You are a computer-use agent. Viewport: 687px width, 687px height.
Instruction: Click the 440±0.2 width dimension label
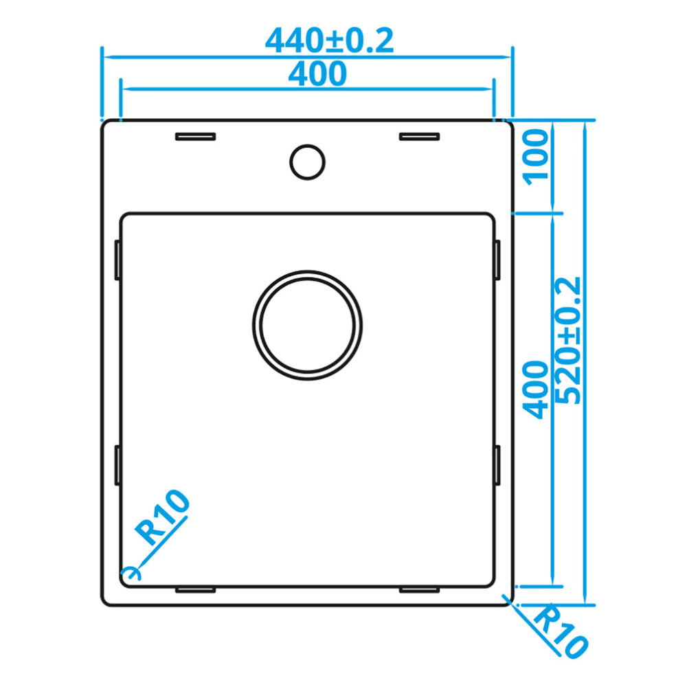329,41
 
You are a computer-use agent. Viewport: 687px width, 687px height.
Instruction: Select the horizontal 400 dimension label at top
317,74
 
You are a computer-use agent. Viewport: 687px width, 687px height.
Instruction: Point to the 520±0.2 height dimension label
570,340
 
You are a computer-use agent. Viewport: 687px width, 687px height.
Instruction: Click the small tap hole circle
306,162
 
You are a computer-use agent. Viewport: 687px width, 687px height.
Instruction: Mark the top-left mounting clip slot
196,136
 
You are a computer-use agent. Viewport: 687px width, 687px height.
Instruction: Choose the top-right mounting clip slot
419,136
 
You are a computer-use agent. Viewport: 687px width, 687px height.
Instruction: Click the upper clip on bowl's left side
117,260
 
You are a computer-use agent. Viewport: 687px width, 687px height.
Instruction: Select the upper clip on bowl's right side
497,260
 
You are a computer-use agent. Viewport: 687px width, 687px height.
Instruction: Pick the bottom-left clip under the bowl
196,589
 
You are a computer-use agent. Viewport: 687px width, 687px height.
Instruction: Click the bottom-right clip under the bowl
419,589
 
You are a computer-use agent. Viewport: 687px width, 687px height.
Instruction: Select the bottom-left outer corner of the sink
105,602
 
